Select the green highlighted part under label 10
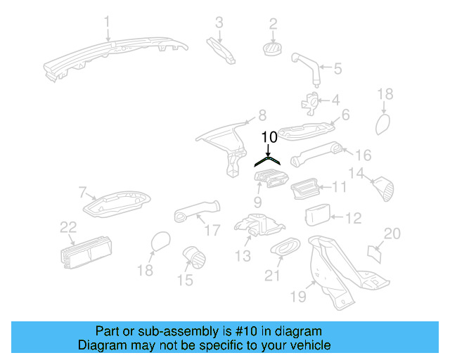tap(269, 160)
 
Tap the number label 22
tap(67, 226)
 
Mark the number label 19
tap(298, 297)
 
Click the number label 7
tap(82, 191)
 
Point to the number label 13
tap(243, 256)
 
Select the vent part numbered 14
tap(383, 188)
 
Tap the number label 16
tap(362, 155)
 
